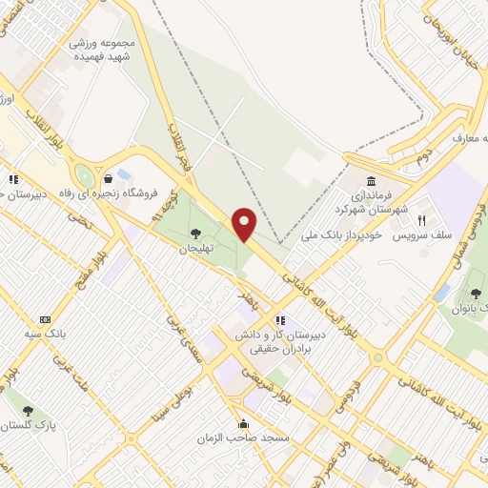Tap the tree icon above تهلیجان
point(195,232)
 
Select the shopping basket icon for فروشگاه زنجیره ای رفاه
point(109,177)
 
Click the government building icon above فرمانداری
point(370,182)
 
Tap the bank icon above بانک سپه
point(44,320)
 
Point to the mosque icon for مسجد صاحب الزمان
point(243,423)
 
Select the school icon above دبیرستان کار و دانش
point(280,320)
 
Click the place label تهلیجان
point(194,248)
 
